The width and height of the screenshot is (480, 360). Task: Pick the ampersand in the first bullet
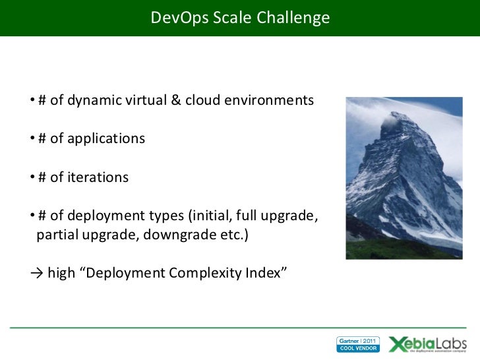point(176,101)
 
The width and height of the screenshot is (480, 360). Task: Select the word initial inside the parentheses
point(210,216)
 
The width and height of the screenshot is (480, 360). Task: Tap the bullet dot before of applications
point(32,139)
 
